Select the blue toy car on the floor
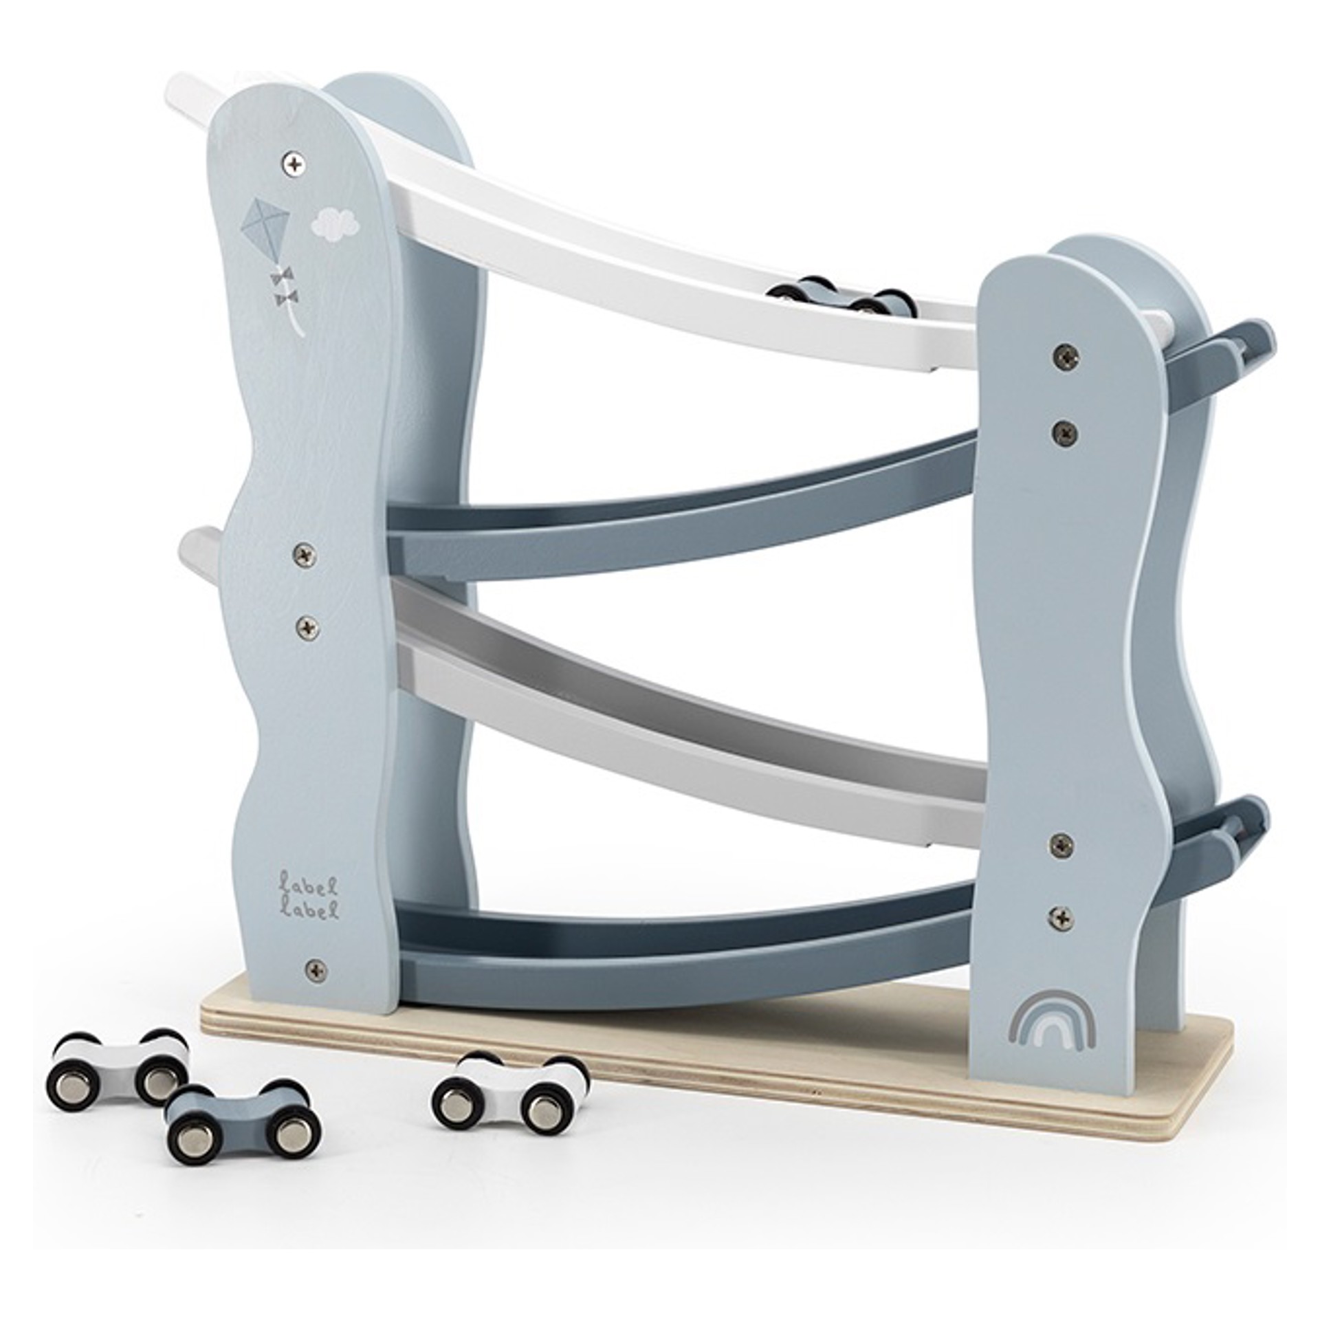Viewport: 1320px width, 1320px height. [243, 1116]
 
